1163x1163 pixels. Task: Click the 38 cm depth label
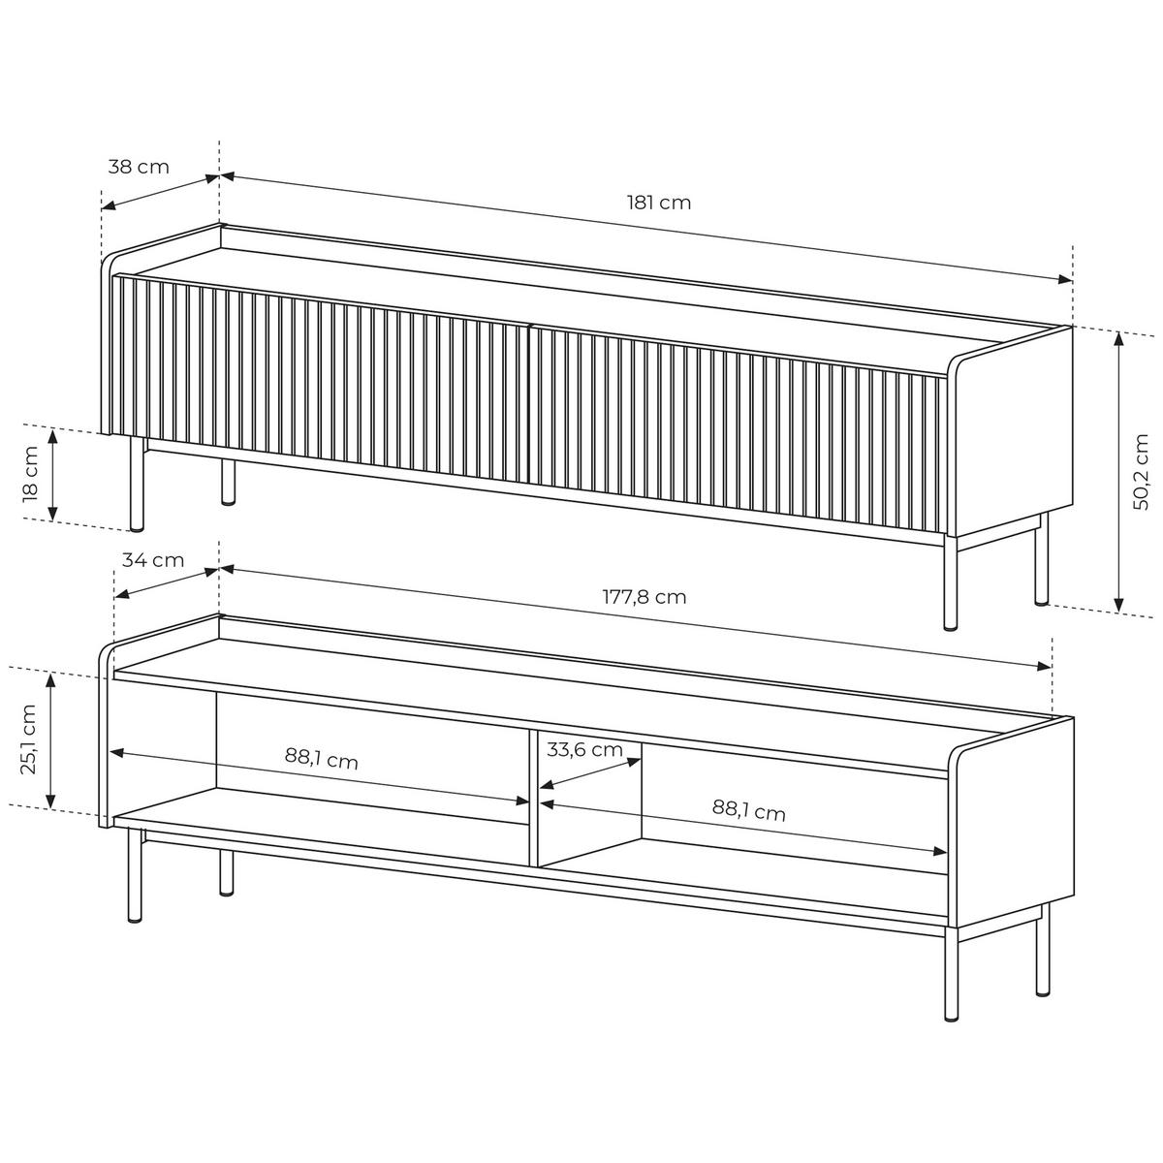click(x=139, y=167)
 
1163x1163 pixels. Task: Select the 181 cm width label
click(x=659, y=203)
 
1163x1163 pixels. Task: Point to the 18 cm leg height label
click(x=31, y=474)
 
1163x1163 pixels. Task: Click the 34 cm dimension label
click(x=153, y=561)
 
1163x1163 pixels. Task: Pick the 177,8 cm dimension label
click(x=644, y=598)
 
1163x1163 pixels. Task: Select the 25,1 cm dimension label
click(x=28, y=739)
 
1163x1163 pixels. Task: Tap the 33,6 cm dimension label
click(x=584, y=749)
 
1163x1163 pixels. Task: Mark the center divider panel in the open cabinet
click(x=533, y=799)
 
